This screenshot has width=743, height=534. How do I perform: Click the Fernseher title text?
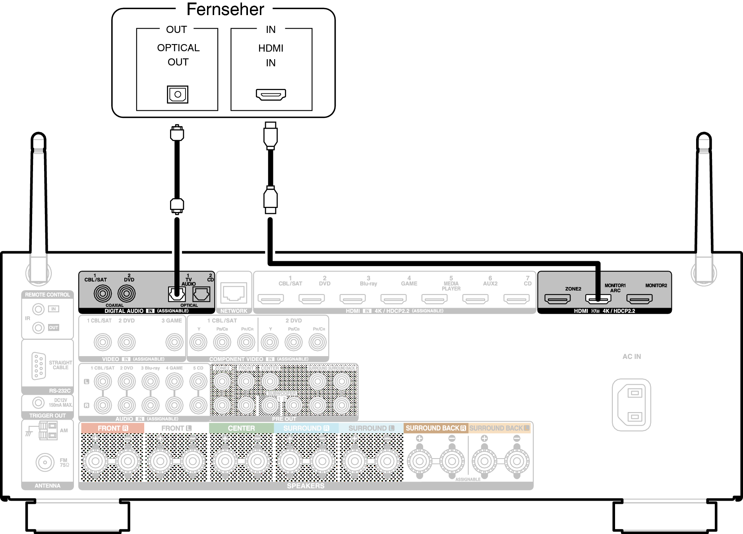[225, 10]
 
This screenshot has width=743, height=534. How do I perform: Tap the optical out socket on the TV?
[178, 94]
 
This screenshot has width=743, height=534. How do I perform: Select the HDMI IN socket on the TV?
[271, 94]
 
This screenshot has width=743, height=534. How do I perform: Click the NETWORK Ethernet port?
[234, 293]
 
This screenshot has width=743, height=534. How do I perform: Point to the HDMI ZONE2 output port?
[557, 299]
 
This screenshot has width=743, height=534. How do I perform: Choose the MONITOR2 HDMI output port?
[639, 299]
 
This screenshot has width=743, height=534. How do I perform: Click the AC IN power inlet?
[631, 405]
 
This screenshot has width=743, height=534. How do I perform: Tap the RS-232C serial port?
[39, 366]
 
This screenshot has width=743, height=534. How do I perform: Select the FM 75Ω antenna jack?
[45, 463]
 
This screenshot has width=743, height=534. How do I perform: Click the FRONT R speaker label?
[112, 428]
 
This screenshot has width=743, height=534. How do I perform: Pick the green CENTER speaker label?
[241, 428]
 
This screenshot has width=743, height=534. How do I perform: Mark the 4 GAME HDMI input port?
[393, 299]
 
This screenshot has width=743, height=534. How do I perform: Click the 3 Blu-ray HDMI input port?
[352, 299]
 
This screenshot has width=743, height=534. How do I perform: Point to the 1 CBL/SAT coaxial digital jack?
[103, 294]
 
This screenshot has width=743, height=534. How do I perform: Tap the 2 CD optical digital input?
[201, 294]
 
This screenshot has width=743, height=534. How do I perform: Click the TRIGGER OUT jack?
[38, 403]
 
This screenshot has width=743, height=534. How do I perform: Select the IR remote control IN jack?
[38, 309]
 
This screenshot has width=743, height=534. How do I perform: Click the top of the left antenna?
[39, 137]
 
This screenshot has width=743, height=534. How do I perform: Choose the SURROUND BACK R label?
[435, 428]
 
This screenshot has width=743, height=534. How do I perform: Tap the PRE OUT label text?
[284, 419]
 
